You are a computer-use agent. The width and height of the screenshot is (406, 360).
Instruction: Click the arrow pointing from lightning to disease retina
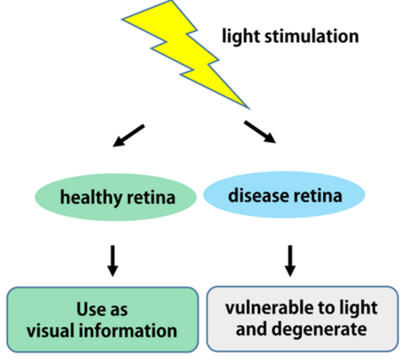258,132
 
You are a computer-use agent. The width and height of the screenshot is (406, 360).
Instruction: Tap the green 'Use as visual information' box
104,319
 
